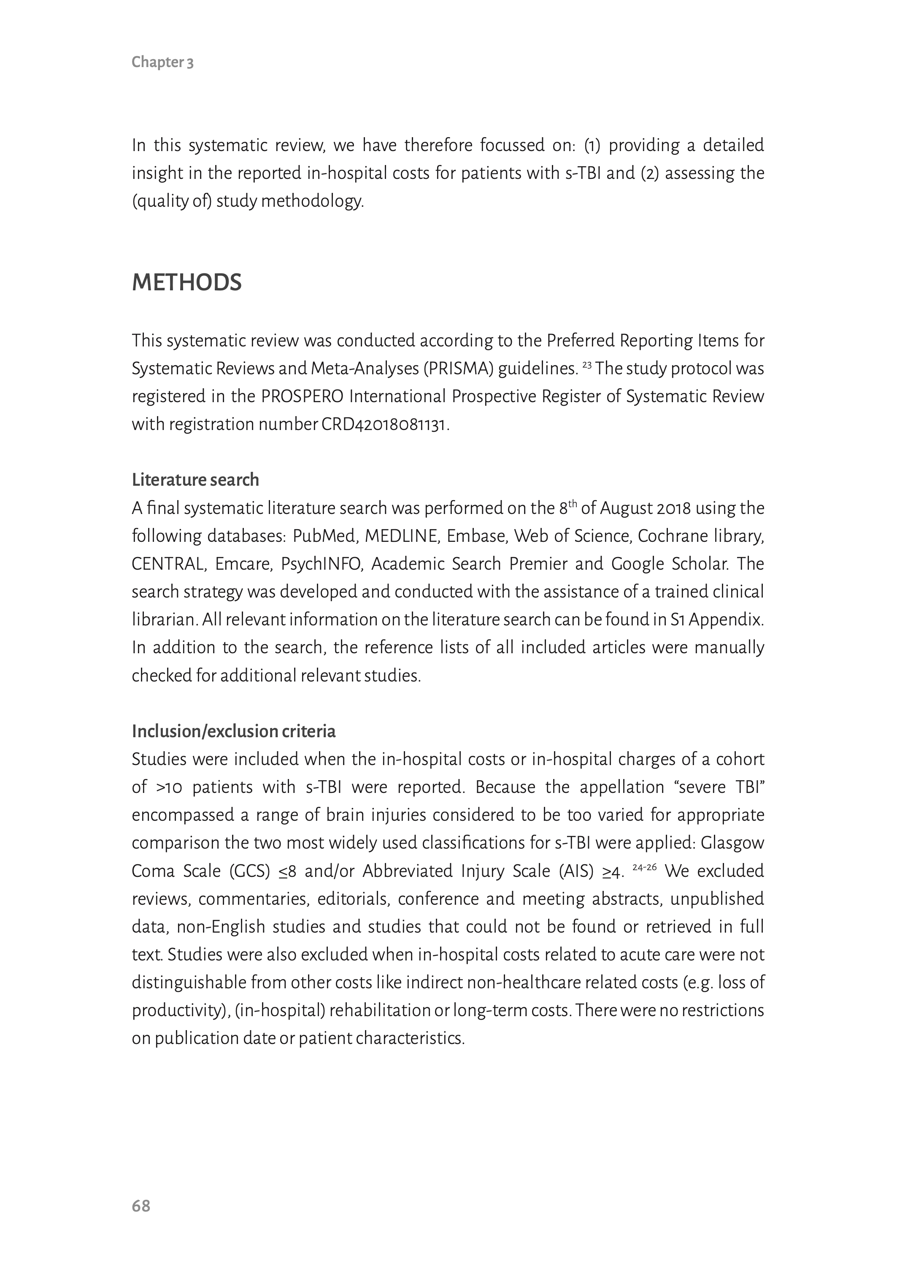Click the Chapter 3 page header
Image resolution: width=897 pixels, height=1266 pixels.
tap(162, 62)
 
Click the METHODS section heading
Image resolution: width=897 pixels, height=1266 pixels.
tap(186, 282)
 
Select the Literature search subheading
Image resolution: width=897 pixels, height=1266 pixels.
tap(195, 479)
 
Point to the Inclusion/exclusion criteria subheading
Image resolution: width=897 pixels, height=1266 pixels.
tap(233, 731)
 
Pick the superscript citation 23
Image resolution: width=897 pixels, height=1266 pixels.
tap(586, 365)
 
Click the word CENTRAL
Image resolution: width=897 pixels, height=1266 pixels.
tap(168, 564)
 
